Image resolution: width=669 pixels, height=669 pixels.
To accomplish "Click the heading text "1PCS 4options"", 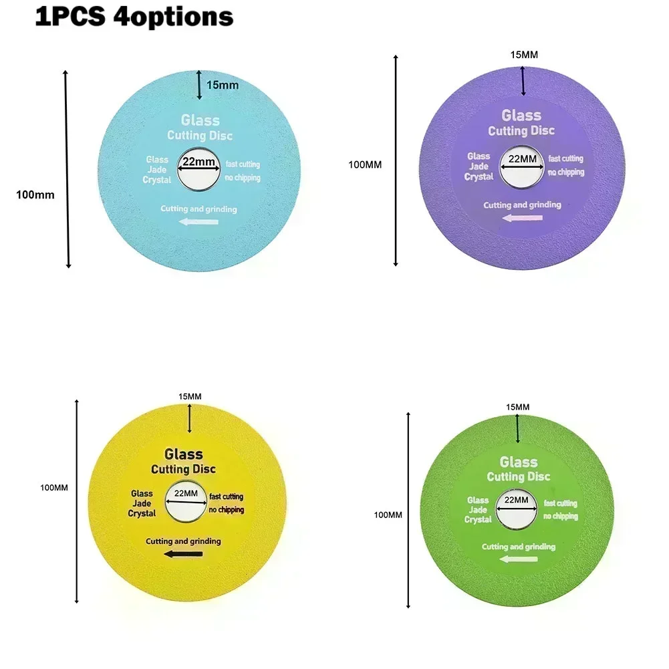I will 134,16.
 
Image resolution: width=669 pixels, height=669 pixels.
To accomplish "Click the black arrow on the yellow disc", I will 183,554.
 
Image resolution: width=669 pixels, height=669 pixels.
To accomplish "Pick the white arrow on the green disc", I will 518,559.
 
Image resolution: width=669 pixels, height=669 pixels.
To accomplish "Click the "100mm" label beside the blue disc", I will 35,195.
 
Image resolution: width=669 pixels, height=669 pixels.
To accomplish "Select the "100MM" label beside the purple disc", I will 366,164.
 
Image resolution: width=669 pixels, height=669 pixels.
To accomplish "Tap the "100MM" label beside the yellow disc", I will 54,488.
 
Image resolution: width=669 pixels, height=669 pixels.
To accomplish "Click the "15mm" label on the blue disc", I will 223,85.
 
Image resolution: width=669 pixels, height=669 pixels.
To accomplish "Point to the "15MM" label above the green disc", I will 518,406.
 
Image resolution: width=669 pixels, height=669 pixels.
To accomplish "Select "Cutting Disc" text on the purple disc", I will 521,130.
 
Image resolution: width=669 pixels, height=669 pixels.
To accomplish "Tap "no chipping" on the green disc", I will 561,516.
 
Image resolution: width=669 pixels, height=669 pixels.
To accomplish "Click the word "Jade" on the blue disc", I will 158,170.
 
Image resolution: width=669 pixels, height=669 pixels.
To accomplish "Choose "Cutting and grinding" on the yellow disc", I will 183,541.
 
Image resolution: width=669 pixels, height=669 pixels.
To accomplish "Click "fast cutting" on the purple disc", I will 565,158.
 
